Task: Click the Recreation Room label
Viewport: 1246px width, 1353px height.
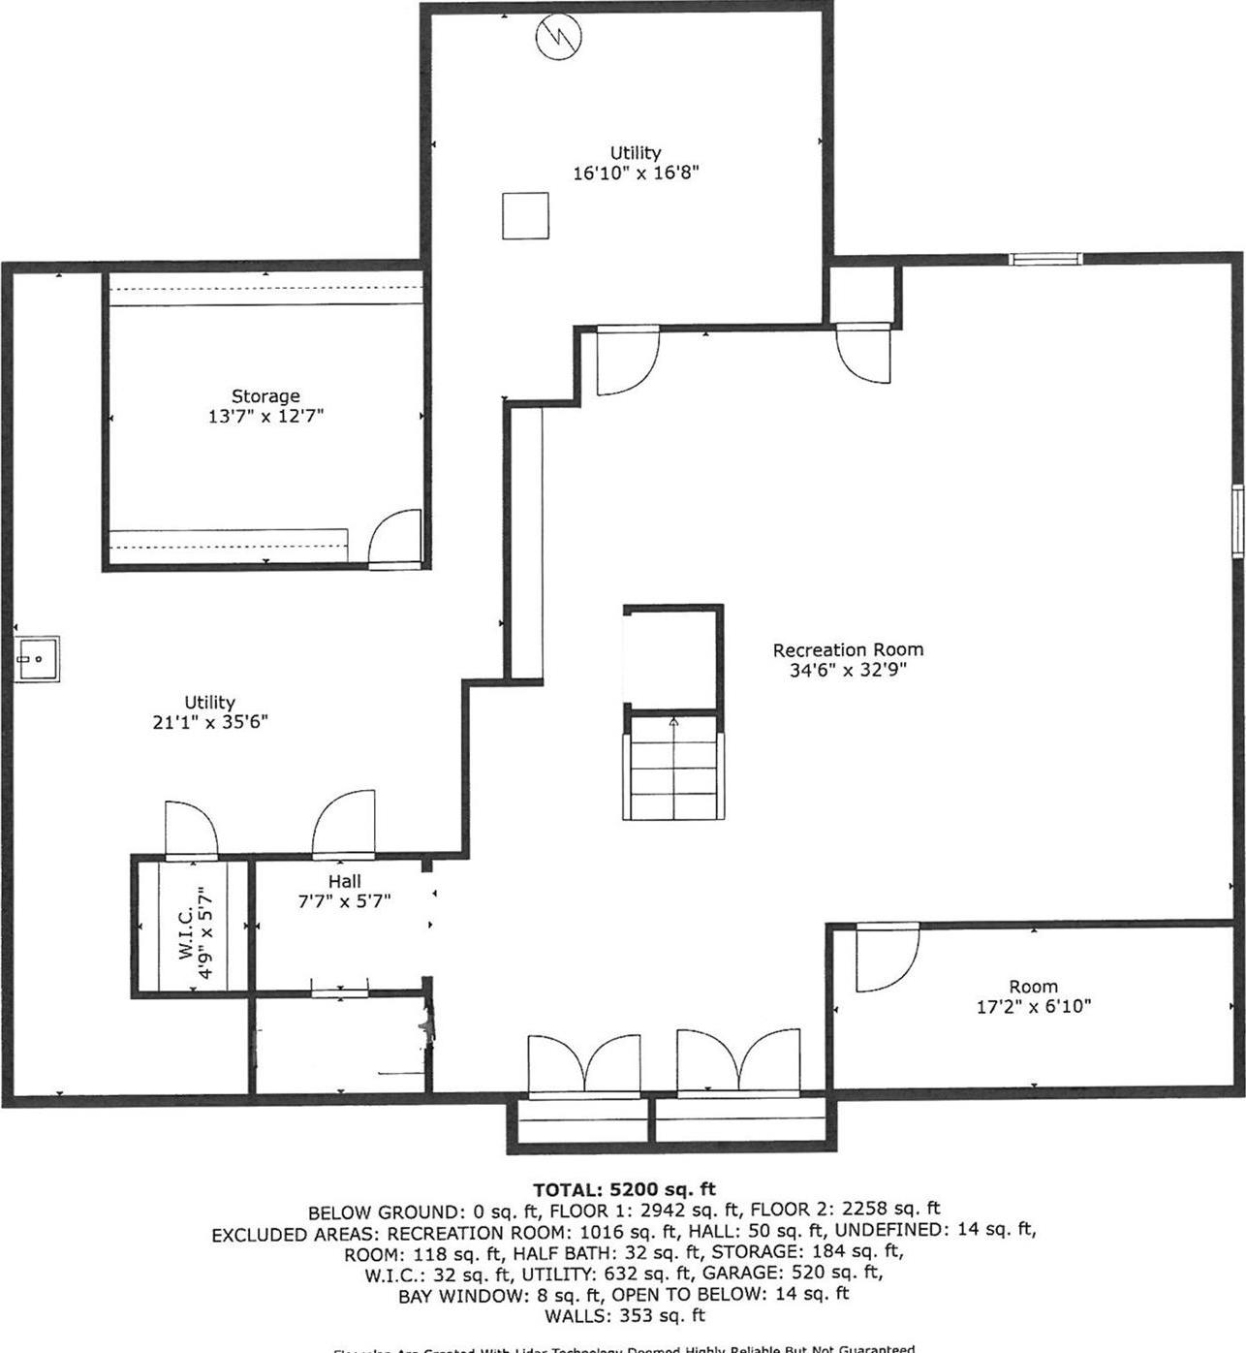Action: [848, 649]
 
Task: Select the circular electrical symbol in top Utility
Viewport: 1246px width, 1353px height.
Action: [560, 37]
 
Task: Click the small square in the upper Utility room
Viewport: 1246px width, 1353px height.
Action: [525, 215]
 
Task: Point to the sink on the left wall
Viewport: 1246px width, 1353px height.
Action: [37, 659]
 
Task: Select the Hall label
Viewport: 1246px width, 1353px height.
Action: [344, 881]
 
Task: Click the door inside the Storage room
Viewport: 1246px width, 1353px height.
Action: [395, 537]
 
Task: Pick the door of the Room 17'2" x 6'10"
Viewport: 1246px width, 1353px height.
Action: [886, 960]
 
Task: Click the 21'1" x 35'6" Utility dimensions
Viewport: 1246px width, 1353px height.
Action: [210, 722]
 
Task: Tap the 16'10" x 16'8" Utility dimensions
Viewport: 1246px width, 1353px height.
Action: [636, 173]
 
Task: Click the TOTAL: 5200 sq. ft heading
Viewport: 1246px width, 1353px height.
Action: [624, 1189]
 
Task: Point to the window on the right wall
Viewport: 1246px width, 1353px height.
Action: [1237, 521]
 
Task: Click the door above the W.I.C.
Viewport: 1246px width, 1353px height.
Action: [191, 831]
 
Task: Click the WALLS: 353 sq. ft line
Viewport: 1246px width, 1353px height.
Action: [624, 1315]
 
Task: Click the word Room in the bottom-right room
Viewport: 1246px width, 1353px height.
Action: [1033, 987]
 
